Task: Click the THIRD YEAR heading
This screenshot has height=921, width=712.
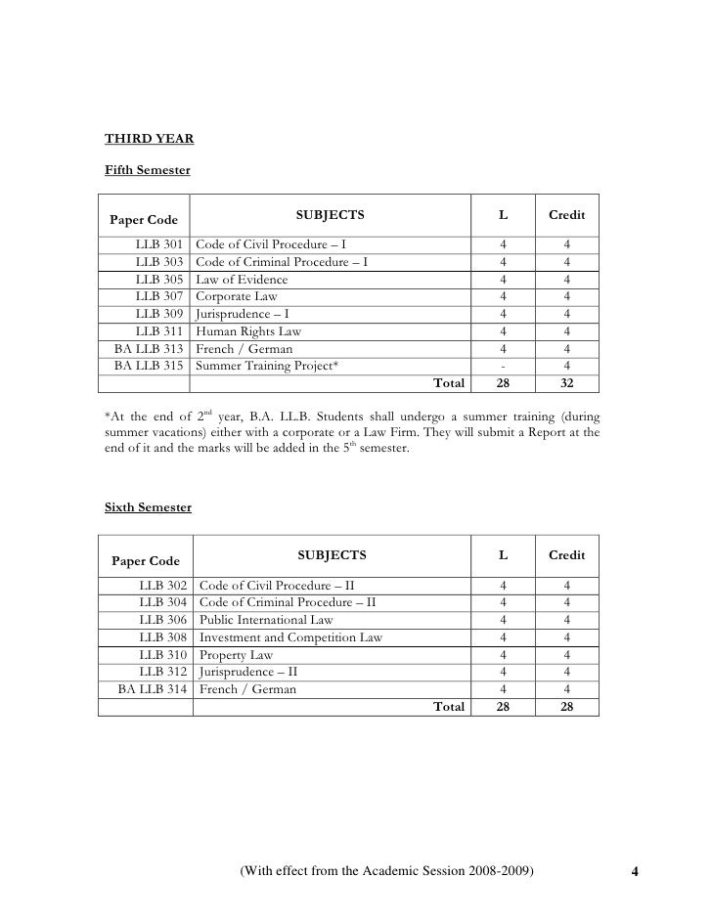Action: [x=149, y=138]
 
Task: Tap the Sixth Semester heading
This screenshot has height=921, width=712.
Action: [x=148, y=507]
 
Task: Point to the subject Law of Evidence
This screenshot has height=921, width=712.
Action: [x=242, y=279]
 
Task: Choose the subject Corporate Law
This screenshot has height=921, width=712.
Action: [x=236, y=295]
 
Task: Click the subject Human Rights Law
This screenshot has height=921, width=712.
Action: [x=248, y=331]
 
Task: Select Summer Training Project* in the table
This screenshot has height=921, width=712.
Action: [x=267, y=367]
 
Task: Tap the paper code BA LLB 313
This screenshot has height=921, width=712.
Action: [x=150, y=349]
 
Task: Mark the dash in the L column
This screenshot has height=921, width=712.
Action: [x=503, y=367]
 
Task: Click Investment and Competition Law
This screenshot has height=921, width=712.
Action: [x=290, y=637]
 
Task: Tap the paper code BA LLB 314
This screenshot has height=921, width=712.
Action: [x=153, y=689]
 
